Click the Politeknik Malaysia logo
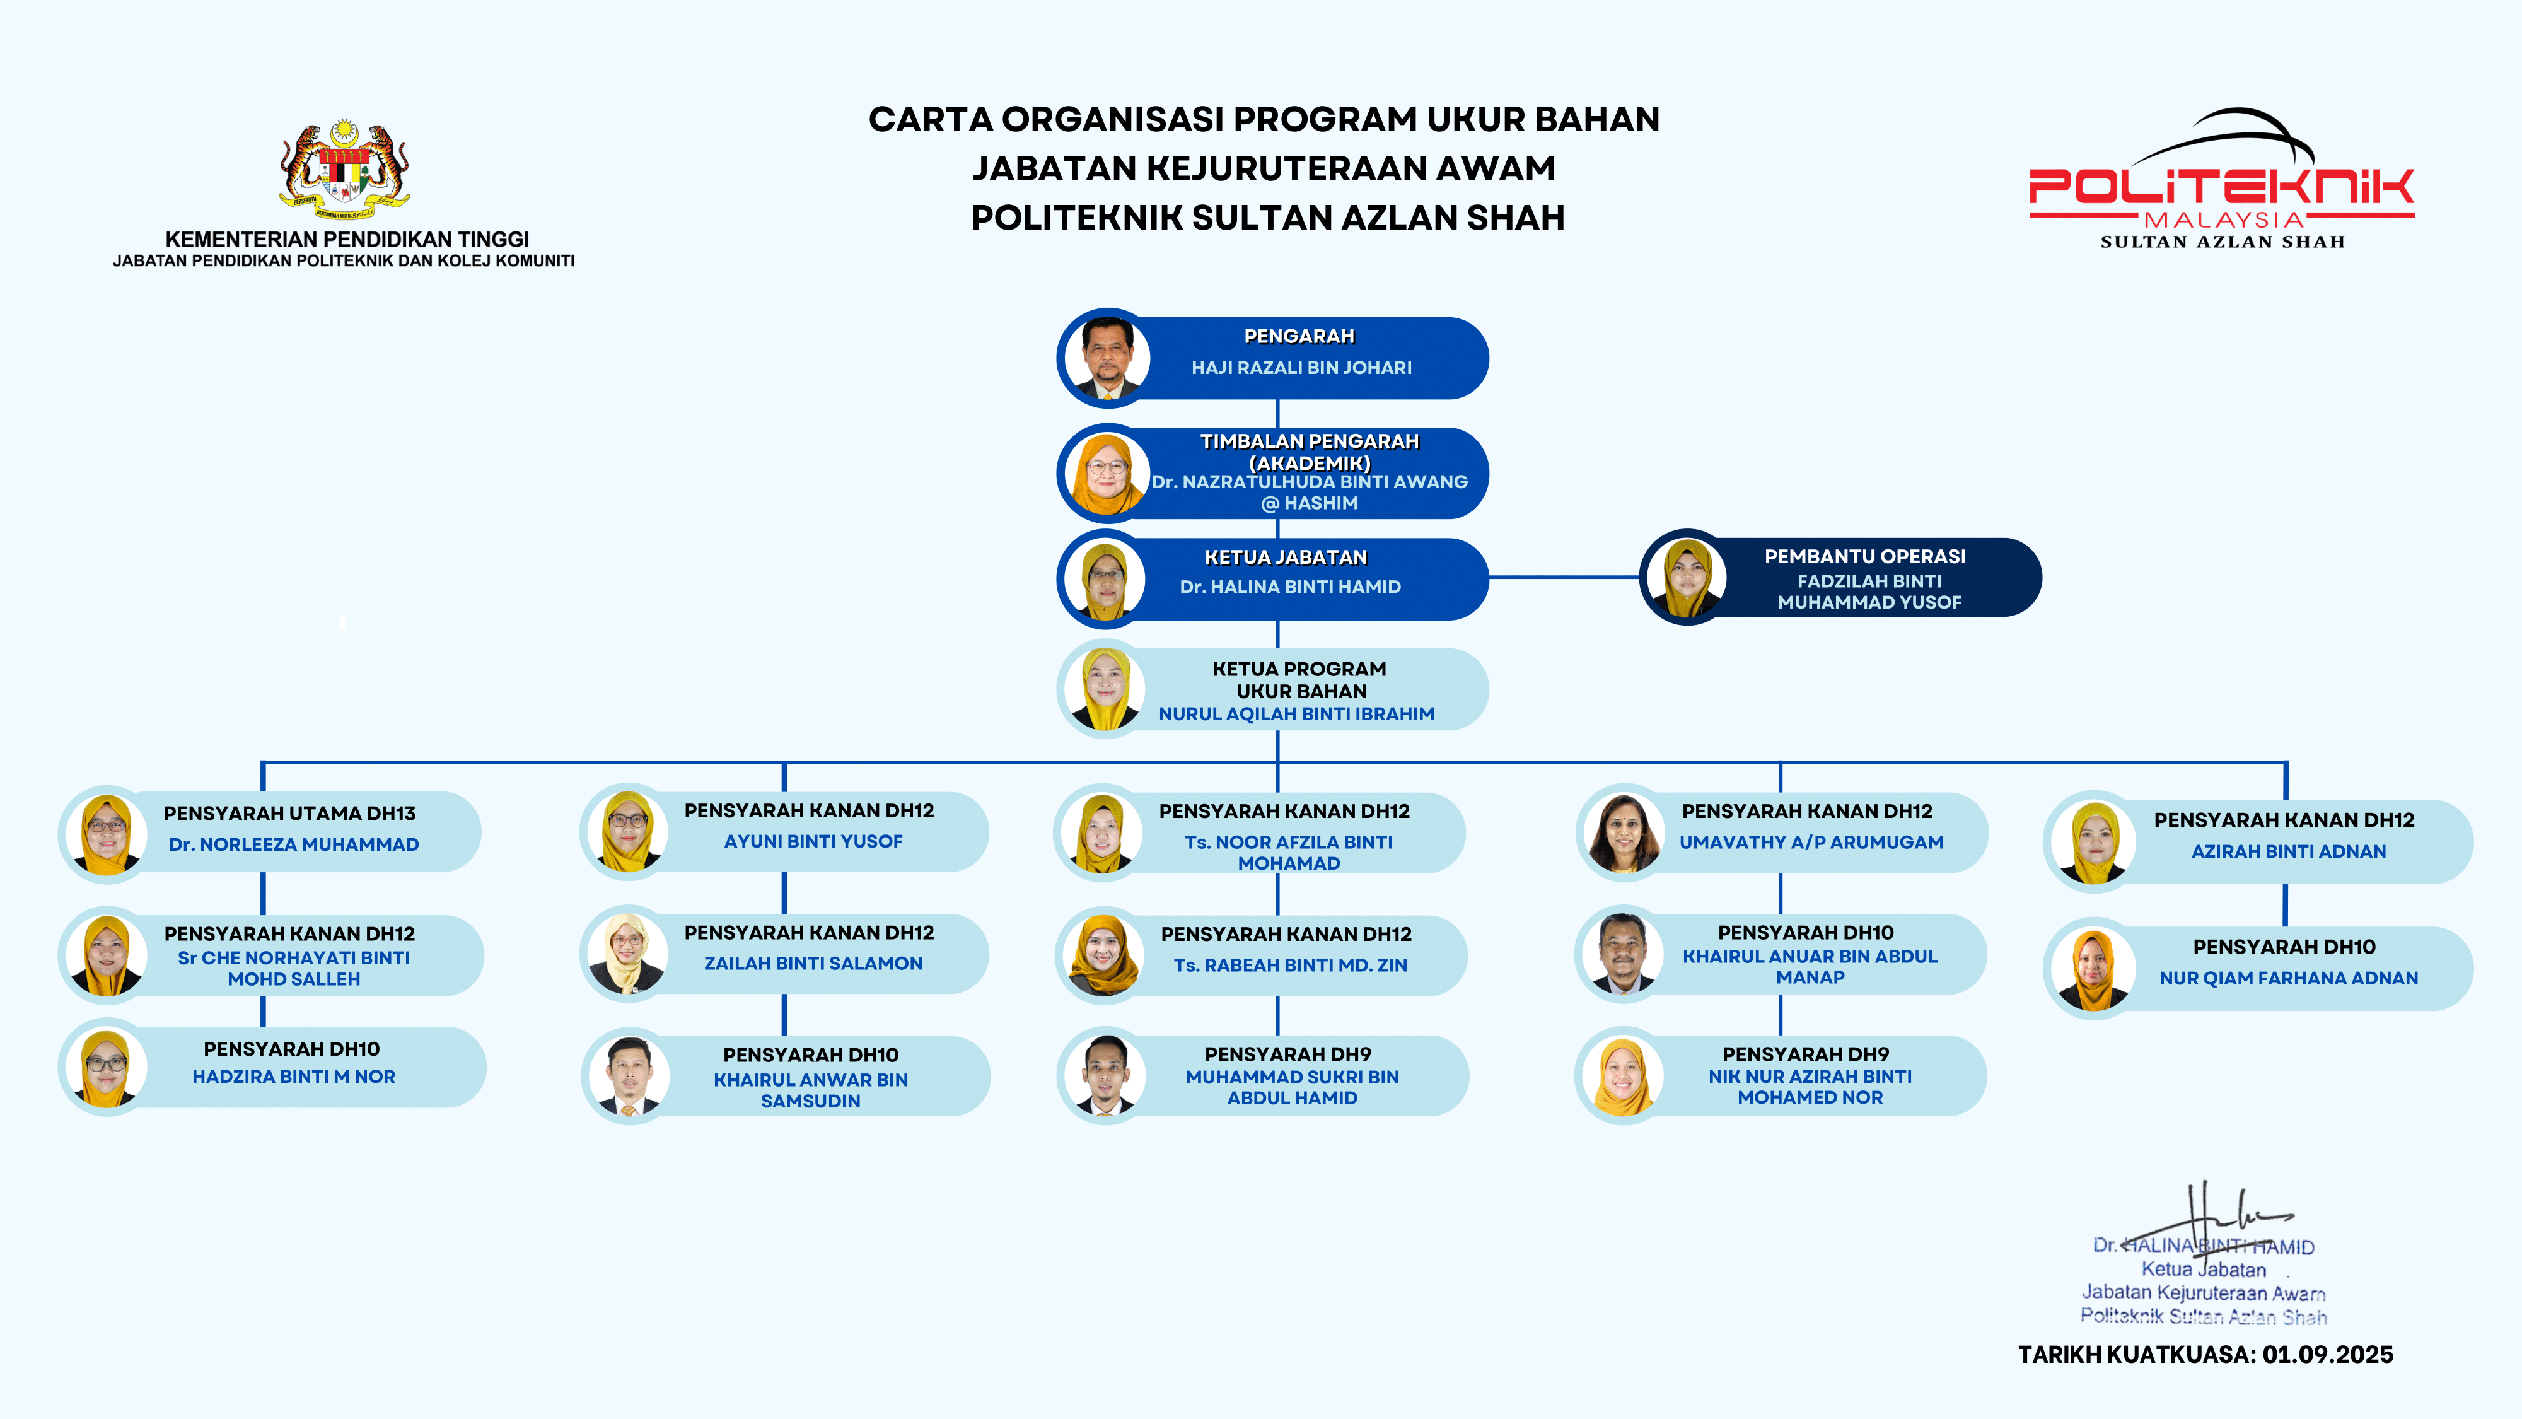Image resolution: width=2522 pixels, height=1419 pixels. click(2221, 180)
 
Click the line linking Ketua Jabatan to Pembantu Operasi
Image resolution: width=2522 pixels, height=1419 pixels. click(1564, 578)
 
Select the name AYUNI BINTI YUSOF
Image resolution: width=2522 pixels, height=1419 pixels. click(813, 841)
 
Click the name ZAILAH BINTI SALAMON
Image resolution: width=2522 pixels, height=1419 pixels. click(813, 964)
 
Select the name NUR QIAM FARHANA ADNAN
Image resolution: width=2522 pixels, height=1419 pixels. click(2288, 978)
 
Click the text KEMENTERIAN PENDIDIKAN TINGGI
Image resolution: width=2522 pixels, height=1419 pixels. click(347, 239)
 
